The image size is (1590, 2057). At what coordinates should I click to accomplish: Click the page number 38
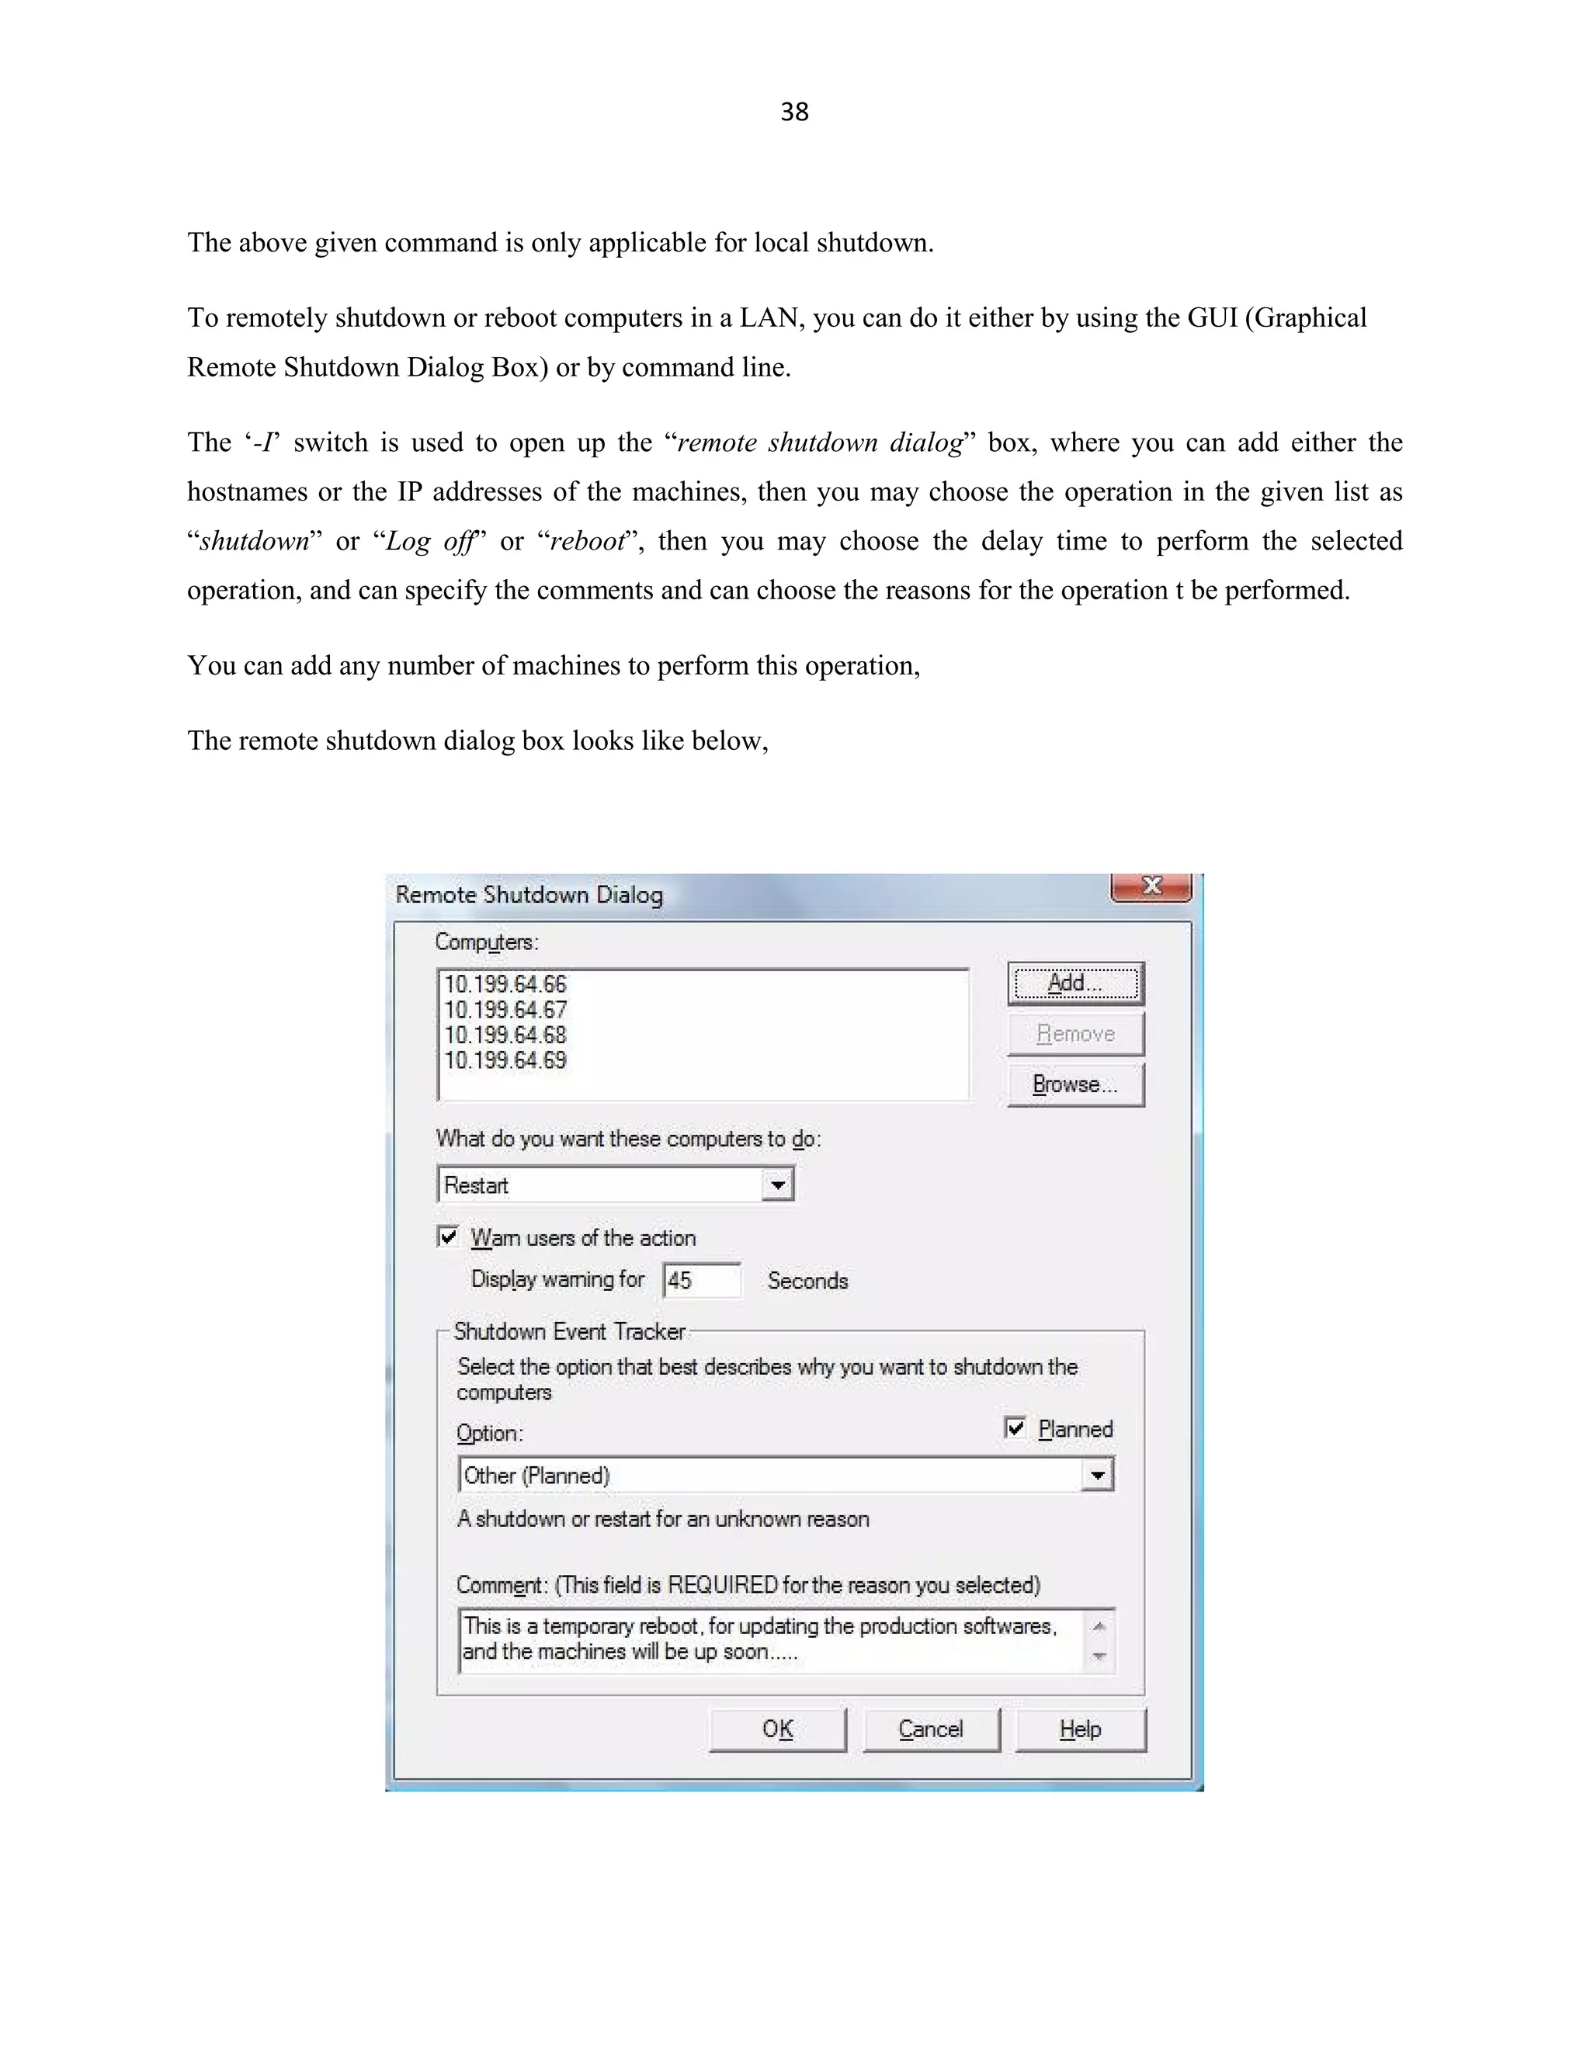tap(794, 112)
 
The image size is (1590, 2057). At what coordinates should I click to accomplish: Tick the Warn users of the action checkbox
tap(449, 1237)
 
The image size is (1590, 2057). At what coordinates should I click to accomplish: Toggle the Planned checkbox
tap(1015, 1427)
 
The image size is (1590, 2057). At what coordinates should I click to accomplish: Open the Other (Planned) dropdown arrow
tap(1096, 1475)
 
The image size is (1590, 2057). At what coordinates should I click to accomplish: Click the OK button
tap(777, 1729)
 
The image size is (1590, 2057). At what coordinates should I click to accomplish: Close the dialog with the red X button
tap(1151, 886)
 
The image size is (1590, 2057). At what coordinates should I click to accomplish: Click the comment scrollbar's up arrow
tap(1099, 1626)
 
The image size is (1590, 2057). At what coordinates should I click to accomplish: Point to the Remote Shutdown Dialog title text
tap(529, 895)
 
